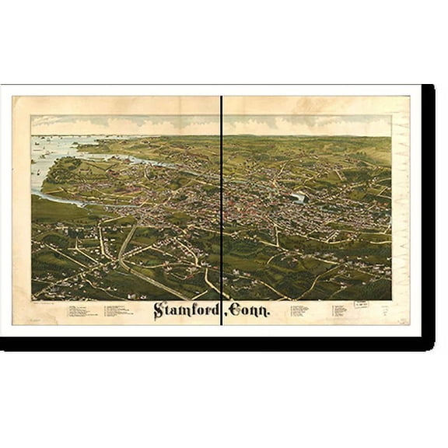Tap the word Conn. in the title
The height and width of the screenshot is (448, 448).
tap(250, 310)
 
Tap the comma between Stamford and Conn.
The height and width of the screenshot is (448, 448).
tap(223, 316)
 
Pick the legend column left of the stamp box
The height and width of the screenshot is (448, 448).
tap(340, 311)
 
